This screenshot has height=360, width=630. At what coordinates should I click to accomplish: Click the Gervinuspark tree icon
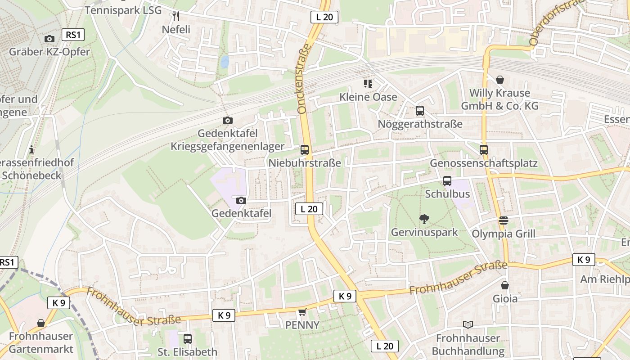click(424, 219)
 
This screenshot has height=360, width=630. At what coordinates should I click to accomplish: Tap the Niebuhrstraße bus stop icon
click(305, 150)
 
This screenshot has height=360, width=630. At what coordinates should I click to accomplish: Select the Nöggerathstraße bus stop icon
click(420, 111)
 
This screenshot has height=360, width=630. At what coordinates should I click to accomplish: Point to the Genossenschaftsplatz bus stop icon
click(484, 150)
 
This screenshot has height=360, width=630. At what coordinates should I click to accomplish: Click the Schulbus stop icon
click(447, 181)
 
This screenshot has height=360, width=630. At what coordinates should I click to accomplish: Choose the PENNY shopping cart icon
click(302, 312)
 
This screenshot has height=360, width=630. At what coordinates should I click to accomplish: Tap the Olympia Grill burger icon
click(503, 220)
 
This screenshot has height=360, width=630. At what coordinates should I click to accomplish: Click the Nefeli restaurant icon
click(176, 17)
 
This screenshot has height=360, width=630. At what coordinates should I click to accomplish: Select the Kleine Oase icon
click(368, 84)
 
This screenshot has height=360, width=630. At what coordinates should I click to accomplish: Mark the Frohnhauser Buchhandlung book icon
click(468, 324)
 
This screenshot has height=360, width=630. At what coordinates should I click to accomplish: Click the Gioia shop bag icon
click(505, 285)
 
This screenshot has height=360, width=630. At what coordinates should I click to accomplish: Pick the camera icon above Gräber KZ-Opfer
click(49, 39)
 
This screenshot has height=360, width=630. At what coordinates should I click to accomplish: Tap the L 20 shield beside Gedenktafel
click(309, 209)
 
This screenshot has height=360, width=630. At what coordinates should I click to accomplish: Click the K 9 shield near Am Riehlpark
click(584, 260)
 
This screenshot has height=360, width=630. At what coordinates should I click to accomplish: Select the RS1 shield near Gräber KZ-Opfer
click(73, 35)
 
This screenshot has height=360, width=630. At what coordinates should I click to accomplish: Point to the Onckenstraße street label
click(305, 78)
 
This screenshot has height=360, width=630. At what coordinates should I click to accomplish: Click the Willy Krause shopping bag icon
click(499, 80)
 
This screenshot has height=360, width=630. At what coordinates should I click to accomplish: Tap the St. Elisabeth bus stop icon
click(188, 338)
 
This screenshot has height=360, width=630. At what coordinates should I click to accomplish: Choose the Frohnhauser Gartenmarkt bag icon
click(41, 323)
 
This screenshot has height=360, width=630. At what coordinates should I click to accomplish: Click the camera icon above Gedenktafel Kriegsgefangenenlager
click(228, 120)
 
